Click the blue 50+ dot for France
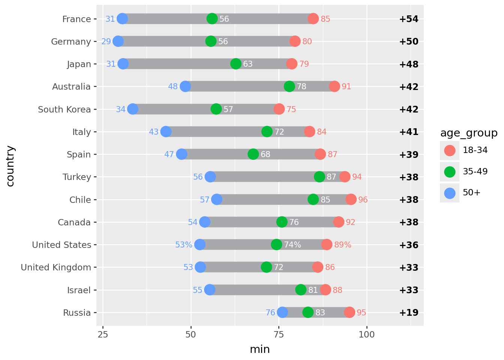122,18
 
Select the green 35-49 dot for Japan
236,64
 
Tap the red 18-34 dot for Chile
351,199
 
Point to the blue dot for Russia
282,312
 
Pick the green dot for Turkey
319,177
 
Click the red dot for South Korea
279,109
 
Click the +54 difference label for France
409,19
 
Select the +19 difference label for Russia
409,313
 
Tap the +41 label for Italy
409,132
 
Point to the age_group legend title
469,133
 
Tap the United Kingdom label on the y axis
56,267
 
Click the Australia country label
71,87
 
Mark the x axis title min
260,349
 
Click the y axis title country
10,166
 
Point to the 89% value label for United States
343,245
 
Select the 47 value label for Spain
169,154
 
